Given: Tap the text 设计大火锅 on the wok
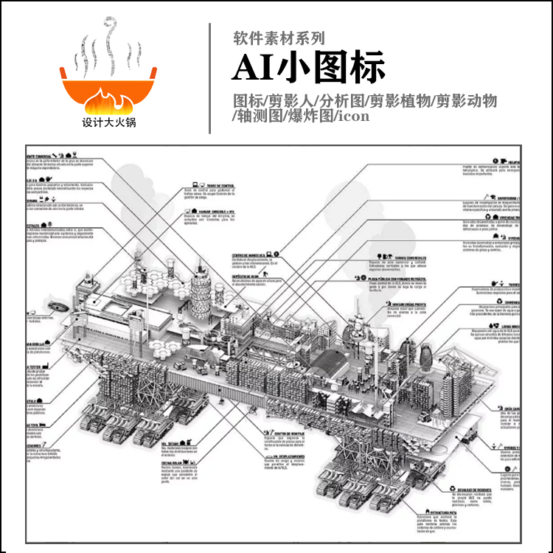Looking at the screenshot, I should coord(108,122).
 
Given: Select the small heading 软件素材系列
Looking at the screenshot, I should coord(278,38).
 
